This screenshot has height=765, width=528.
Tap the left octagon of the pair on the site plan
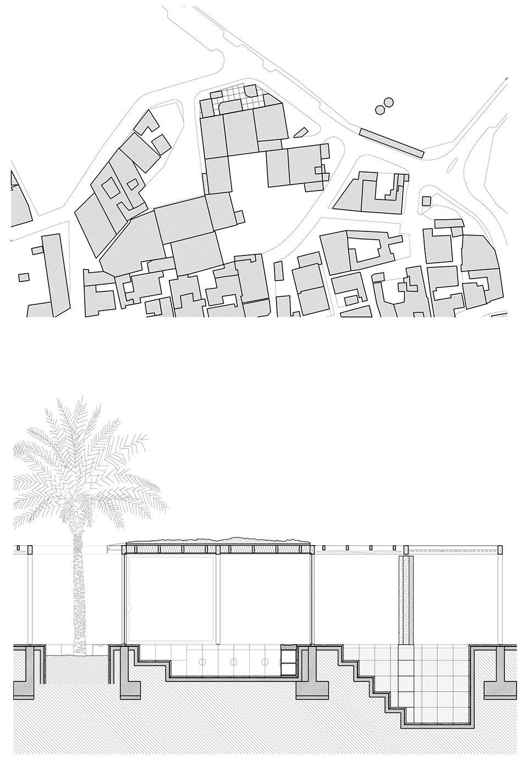(379, 109)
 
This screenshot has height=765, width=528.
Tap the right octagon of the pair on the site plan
(389, 102)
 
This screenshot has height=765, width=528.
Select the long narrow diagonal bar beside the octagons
(391, 142)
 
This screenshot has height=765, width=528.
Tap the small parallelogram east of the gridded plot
(300, 132)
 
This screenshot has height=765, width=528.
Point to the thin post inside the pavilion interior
(219, 599)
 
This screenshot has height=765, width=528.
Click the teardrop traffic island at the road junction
(455, 163)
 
